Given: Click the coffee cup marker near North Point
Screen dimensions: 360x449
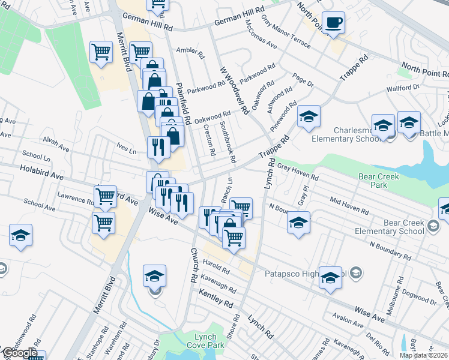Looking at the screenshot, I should coord(333,23).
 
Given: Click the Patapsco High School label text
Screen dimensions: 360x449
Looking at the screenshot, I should coord(303,274).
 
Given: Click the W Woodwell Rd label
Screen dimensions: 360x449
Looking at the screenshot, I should coord(235,90).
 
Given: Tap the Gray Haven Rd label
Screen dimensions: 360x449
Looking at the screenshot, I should coord(298,172).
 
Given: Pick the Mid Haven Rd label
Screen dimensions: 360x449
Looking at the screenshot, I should coord(349,205).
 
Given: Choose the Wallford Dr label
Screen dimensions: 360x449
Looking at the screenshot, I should coord(403,88).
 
